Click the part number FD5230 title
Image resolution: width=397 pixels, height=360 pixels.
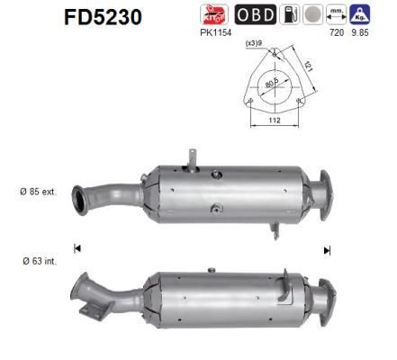pos(103,17)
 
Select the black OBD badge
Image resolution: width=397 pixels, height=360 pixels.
pos(256,15)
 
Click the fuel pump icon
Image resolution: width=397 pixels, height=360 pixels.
pos(290,15)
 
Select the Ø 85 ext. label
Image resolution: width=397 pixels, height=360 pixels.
pos(39,192)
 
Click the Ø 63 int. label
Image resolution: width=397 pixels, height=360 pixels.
pos(38,262)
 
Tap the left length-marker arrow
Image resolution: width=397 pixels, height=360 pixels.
pos(78,248)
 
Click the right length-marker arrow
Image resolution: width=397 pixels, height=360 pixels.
pos(327,249)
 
